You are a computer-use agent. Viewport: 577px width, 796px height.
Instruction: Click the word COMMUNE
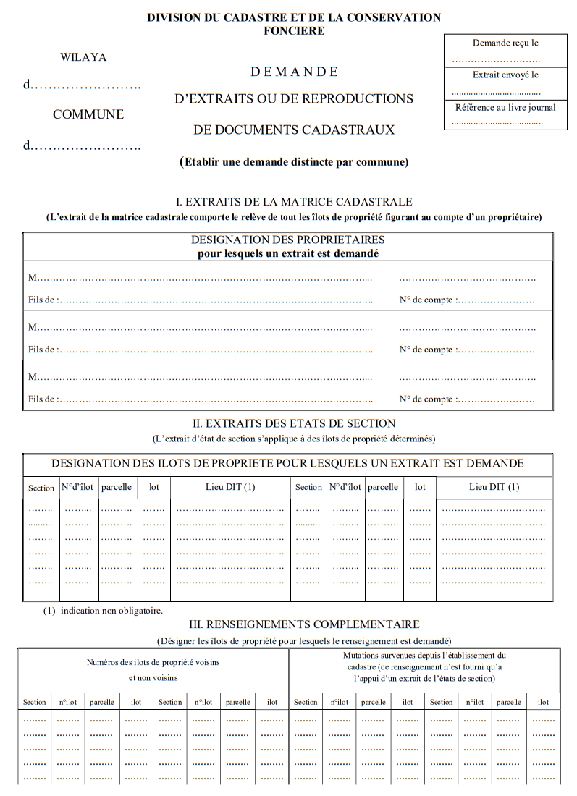(88, 114)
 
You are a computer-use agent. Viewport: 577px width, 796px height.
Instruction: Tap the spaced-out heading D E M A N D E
(294, 72)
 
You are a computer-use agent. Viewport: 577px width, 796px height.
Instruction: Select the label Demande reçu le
(505, 43)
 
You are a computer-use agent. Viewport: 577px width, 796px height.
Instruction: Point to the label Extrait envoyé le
(505, 75)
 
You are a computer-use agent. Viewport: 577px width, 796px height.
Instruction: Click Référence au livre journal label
(505, 108)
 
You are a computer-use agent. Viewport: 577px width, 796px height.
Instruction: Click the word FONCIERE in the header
(294, 31)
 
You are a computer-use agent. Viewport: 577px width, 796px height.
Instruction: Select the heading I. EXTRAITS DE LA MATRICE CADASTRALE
(294, 202)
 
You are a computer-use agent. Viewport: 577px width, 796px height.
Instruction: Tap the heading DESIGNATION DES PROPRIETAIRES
(288, 240)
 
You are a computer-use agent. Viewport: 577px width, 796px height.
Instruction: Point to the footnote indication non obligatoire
(111, 611)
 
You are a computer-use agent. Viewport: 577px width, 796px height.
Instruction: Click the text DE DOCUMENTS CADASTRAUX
(294, 130)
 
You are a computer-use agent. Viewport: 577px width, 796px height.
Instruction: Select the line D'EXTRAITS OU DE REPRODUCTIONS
(294, 99)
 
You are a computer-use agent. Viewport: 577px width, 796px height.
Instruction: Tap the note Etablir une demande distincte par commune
(294, 162)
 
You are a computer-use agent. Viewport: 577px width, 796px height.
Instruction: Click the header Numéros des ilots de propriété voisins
(153, 662)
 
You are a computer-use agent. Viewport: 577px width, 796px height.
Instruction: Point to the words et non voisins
(153, 678)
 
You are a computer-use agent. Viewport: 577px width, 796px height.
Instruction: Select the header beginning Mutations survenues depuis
(424, 656)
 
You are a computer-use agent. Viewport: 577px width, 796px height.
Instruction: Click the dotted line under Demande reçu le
(496, 60)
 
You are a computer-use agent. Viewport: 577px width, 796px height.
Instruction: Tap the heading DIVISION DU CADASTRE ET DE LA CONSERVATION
(294, 17)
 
